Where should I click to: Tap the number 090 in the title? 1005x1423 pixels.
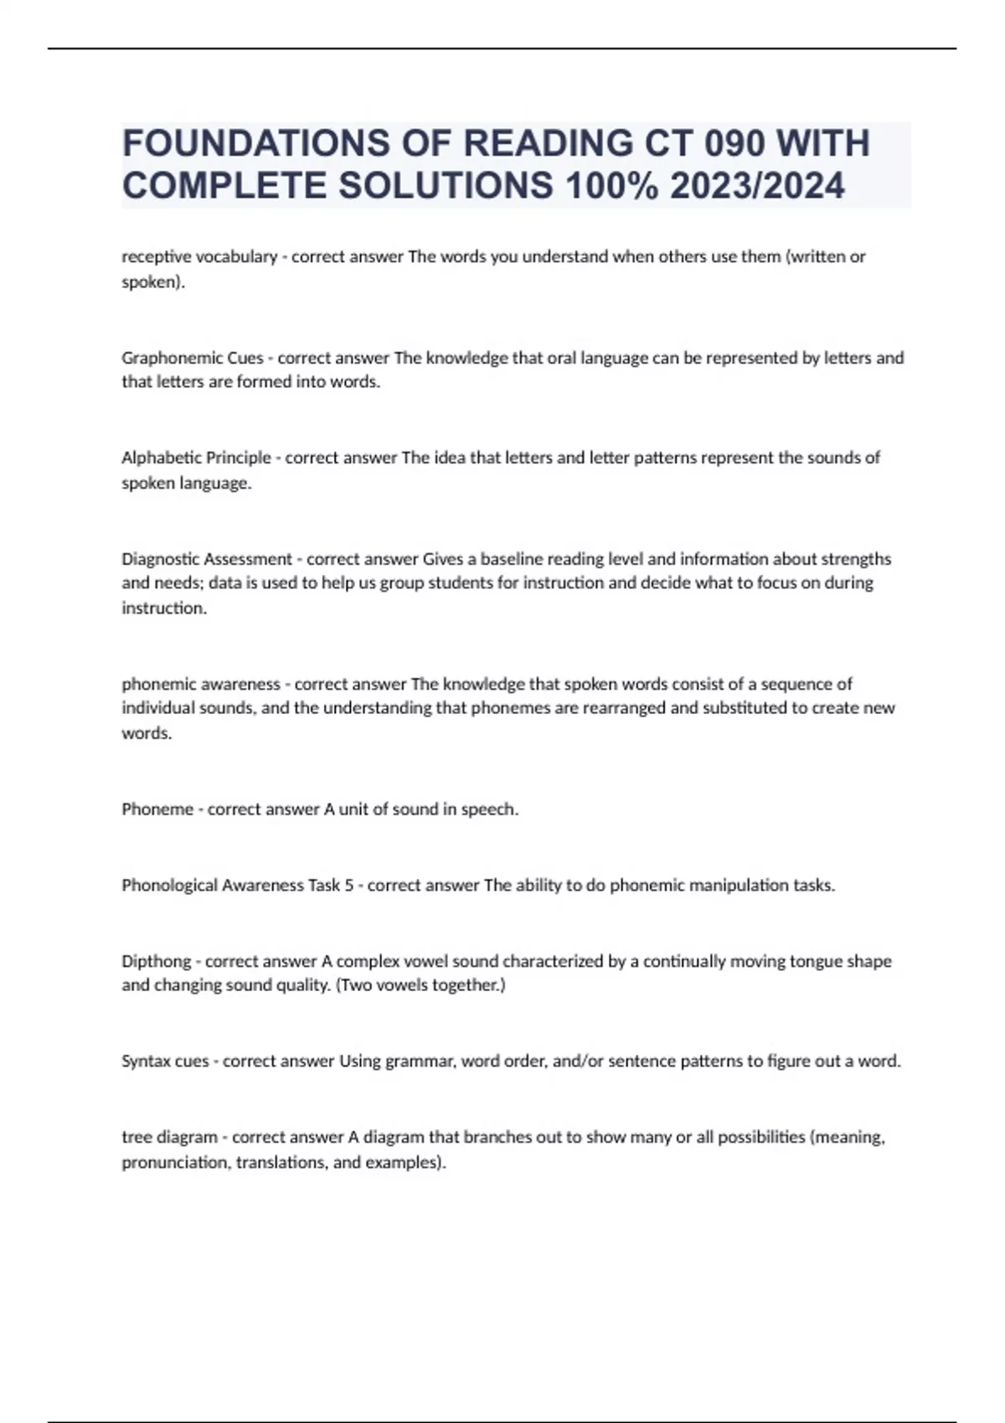pos(734,143)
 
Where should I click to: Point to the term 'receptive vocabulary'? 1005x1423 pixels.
pos(199,257)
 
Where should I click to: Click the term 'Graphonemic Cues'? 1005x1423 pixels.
pos(193,358)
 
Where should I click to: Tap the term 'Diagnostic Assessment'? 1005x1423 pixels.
pos(207,559)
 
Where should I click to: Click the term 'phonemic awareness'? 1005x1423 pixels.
pos(201,684)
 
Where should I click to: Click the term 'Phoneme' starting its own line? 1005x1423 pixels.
pos(157,809)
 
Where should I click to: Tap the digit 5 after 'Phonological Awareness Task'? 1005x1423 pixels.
pos(348,886)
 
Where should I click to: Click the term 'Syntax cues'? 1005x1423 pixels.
pos(165,1061)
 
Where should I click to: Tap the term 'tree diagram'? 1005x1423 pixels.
pos(169,1138)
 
